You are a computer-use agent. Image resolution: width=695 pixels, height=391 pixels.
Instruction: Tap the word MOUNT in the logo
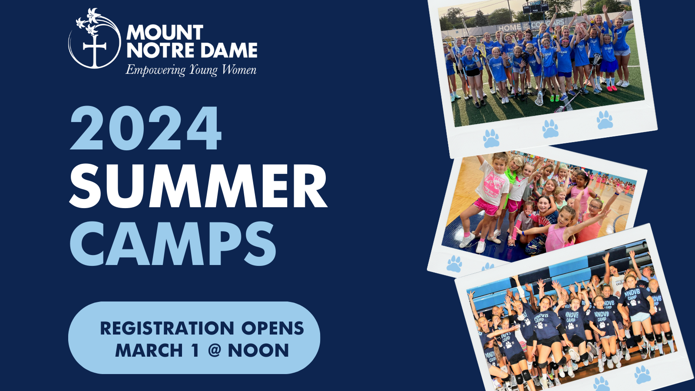[x=165, y=32]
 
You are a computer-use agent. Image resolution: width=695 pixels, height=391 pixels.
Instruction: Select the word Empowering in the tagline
[x=155, y=70]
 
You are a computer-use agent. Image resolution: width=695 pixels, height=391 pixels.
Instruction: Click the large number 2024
[x=146, y=128]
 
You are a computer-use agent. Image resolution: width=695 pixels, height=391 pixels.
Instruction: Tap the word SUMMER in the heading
[x=198, y=186]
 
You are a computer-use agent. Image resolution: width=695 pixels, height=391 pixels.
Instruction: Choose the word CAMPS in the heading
[x=173, y=244]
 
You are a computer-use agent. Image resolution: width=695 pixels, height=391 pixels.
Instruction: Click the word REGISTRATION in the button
[x=167, y=328]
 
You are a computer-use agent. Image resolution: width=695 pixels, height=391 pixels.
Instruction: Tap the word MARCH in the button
[x=149, y=350]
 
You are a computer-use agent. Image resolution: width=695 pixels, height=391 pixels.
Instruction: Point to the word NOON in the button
[x=258, y=350]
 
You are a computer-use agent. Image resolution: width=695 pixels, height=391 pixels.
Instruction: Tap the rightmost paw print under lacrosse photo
[x=605, y=120]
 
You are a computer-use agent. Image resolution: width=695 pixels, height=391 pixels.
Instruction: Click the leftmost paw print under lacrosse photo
[x=491, y=139]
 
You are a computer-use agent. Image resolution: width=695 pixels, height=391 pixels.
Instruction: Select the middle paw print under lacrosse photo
[x=550, y=129]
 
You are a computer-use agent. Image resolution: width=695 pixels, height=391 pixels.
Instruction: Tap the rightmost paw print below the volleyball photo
[x=642, y=375]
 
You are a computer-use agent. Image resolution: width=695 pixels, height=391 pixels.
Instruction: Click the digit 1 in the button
[x=195, y=350]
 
